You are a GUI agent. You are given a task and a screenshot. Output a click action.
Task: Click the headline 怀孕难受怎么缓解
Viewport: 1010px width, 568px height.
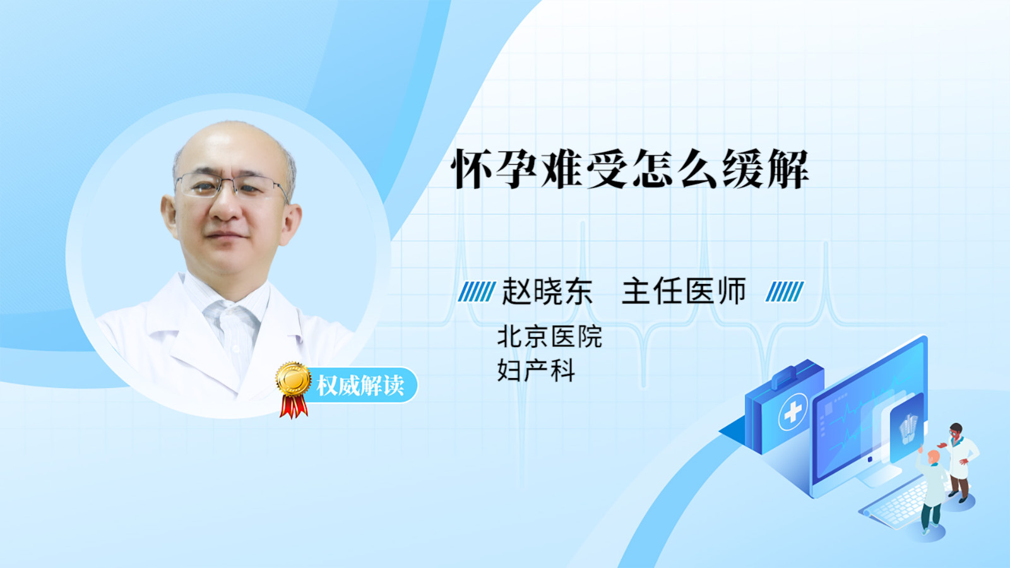point(630,170)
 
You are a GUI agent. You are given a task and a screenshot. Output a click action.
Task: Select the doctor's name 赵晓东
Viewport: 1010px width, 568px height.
point(547,291)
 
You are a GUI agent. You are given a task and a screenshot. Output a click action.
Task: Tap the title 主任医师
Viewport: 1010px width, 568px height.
point(684,291)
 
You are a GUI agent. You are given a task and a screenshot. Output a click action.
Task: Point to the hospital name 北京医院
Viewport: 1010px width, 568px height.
point(549,337)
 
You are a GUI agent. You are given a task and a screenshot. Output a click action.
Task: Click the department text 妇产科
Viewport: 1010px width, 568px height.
point(536,370)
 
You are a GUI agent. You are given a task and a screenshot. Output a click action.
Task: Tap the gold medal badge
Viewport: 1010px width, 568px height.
point(294,379)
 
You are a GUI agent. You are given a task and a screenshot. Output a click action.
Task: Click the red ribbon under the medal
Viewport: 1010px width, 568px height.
point(294,406)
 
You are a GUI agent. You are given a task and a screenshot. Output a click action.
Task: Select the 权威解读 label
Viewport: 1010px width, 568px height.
point(360,386)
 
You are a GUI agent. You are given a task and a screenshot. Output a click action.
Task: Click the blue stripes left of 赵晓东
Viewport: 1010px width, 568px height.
point(477,292)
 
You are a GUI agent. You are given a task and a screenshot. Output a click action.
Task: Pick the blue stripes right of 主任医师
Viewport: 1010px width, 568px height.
point(785,292)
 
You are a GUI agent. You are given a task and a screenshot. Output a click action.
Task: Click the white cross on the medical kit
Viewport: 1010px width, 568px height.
point(793,411)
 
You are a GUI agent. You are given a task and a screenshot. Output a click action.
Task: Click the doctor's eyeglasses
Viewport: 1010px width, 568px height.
point(231,185)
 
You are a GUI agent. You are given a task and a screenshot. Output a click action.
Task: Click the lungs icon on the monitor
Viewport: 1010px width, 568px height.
point(908,429)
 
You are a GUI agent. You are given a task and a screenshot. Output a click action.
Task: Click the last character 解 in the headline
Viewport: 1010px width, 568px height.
point(788,170)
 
